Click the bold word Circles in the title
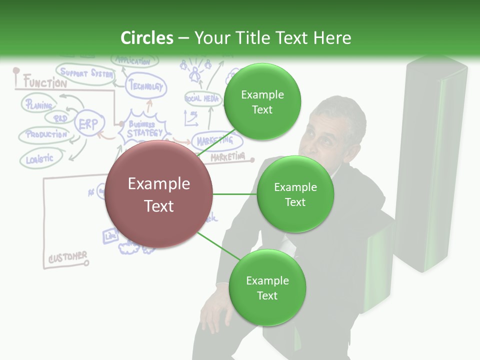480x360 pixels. [147, 38]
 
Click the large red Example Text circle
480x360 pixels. [158, 194]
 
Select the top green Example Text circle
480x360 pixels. [262, 101]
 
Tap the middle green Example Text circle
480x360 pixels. [295, 194]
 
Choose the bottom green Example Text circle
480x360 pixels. [267, 287]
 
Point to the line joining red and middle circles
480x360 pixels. [234, 194]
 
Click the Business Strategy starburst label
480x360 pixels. [144, 129]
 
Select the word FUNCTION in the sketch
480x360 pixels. [45, 82]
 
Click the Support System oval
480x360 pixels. [85, 73]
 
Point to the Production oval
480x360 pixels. [45, 134]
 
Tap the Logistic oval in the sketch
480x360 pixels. [40, 159]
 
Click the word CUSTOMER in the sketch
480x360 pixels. [67, 257]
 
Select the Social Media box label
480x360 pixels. [202, 98]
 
